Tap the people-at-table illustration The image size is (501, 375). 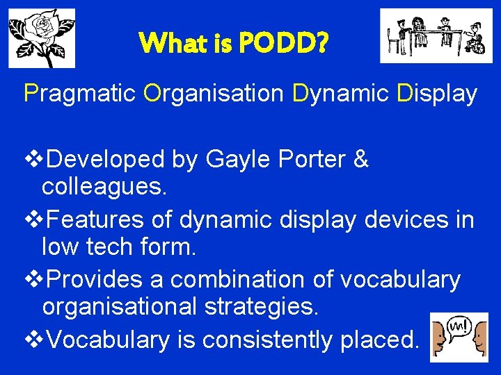[x=435, y=36]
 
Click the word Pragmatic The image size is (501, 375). [x=80, y=93]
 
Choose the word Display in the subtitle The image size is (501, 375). [x=437, y=93]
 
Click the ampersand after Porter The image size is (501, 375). [x=360, y=160]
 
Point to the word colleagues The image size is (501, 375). [x=104, y=186]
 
